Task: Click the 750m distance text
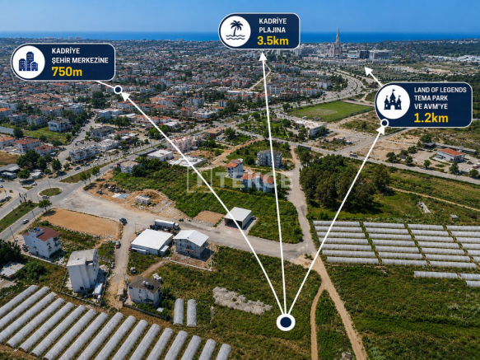point(67,72)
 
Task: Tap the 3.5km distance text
point(273,40)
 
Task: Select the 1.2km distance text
point(431,118)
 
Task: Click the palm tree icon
point(235,30)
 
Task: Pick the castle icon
point(393,101)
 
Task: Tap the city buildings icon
point(28,62)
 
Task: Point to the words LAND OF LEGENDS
point(440,90)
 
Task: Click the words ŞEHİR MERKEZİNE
point(80,60)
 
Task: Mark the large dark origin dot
point(286,322)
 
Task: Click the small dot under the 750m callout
point(118,90)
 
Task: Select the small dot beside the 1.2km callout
point(384,124)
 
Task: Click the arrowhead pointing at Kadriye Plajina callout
point(263,57)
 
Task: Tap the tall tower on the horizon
point(338,42)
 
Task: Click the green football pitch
point(331,110)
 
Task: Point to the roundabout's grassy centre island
point(50,192)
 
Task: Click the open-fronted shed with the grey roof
point(238,217)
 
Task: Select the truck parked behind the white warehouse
point(166,225)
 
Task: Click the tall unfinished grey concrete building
point(83,270)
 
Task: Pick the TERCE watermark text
point(238,181)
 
